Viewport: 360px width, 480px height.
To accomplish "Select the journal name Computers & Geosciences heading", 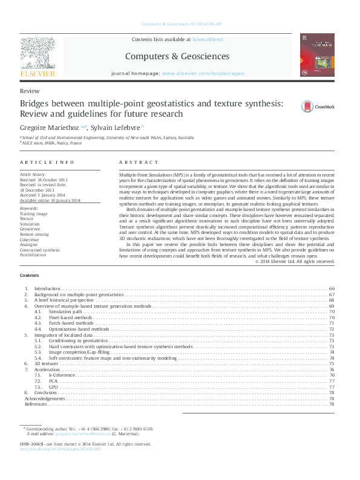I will tap(177, 56).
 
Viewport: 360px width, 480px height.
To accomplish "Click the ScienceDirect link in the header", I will tap(207, 39).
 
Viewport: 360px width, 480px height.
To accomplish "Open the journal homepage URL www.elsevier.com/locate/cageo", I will tap(203, 73).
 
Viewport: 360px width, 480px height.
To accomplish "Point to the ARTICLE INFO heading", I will tap(47, 162).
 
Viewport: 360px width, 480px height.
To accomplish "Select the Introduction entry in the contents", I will tap(47, 289).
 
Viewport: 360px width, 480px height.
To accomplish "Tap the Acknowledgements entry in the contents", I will tap(44, 398).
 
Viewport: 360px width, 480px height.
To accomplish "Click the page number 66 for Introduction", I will tap(331, 289).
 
